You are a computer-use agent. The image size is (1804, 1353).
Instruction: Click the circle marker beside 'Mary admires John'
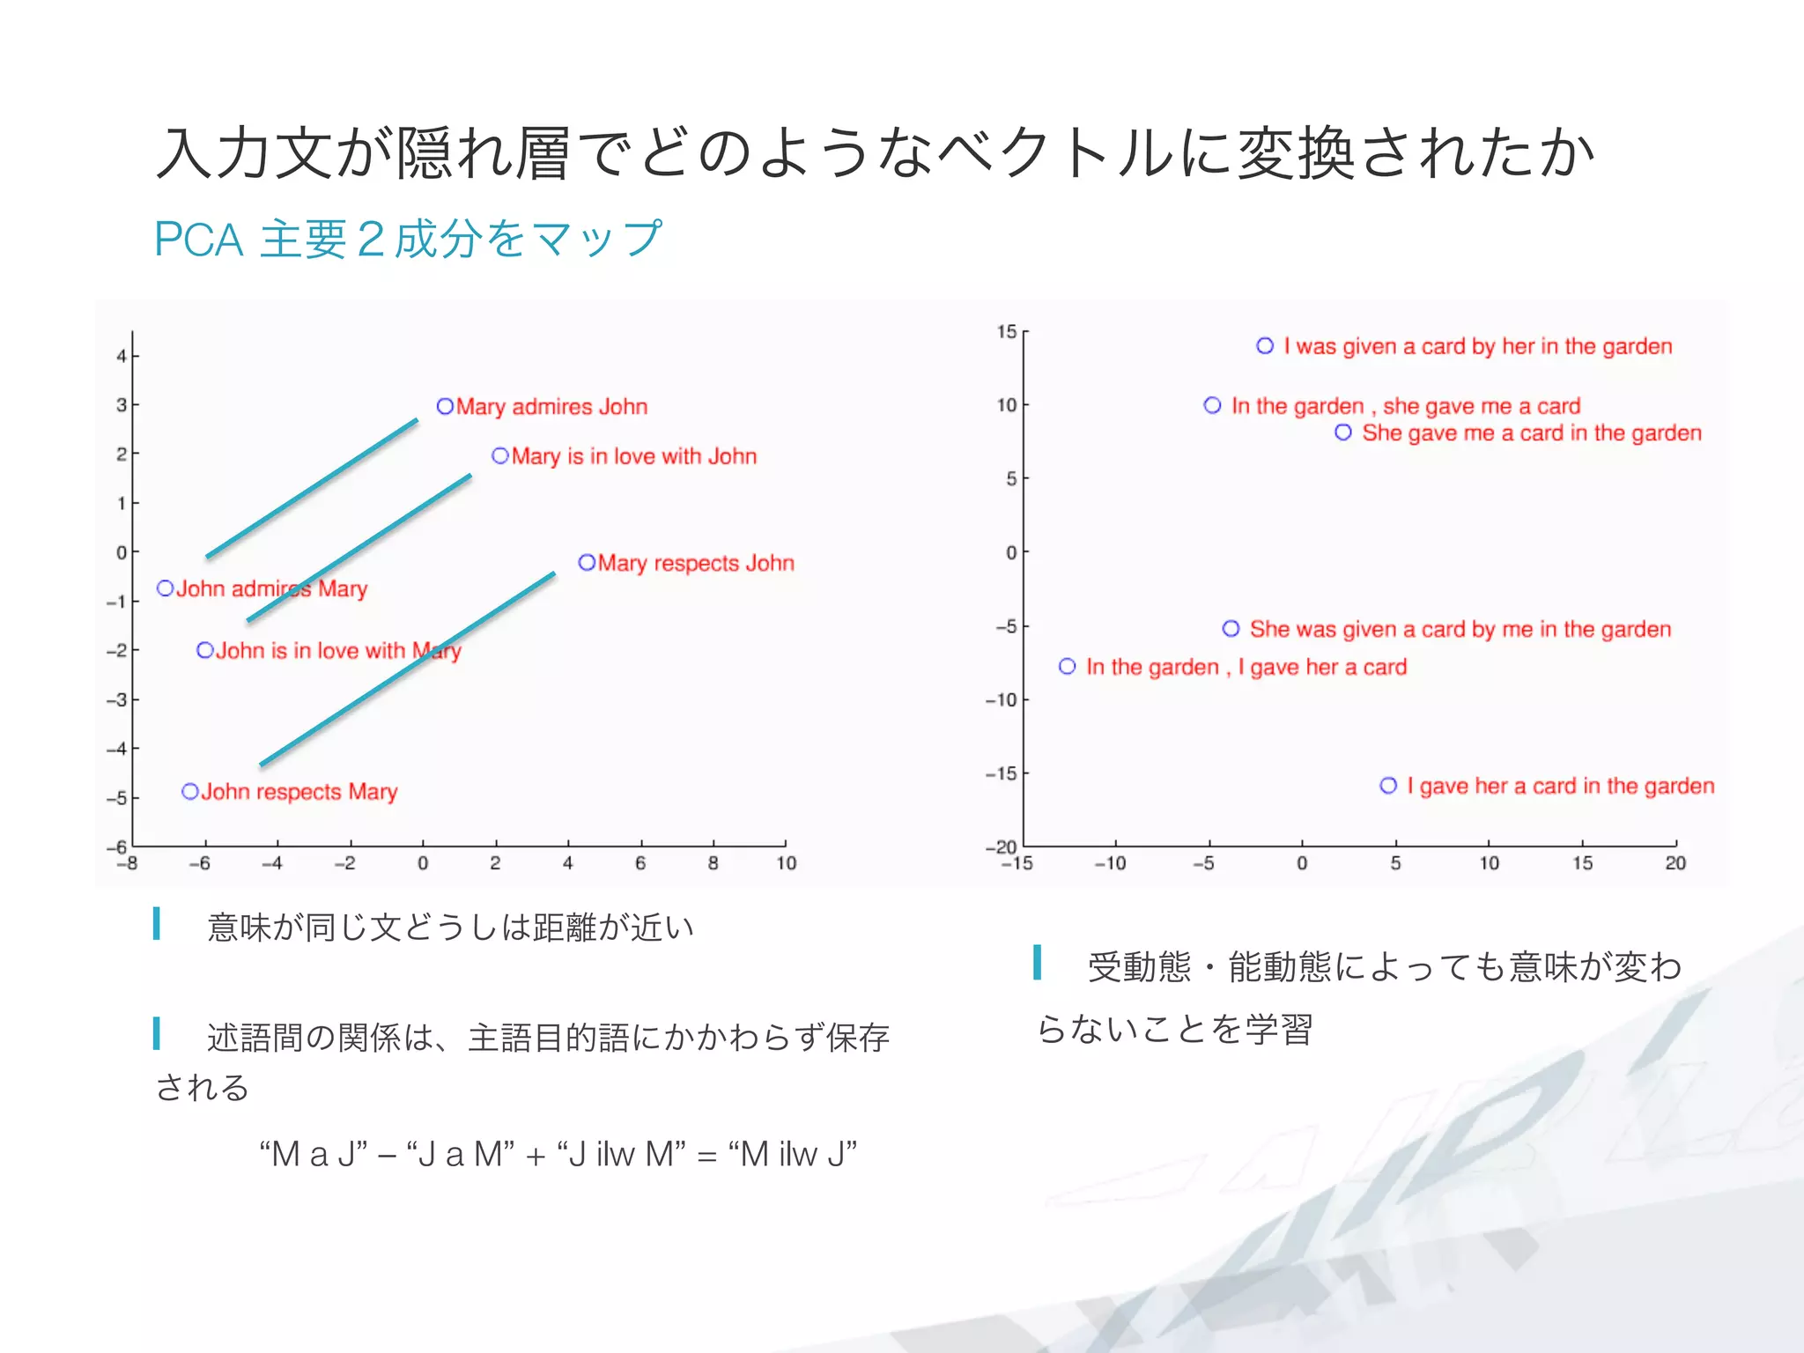(445, 406)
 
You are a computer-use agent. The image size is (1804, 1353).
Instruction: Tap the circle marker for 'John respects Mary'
(189, 791)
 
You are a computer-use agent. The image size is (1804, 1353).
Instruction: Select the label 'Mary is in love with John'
(633, 456)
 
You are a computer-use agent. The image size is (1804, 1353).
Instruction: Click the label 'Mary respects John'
(696, 563)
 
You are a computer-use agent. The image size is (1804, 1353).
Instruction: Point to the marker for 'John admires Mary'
(165, 588)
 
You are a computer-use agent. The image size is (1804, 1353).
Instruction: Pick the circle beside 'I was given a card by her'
(1265, 346)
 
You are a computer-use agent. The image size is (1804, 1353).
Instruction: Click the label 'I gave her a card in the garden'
(1560, 786)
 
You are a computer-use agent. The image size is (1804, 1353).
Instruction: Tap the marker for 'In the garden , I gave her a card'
(1067, 667)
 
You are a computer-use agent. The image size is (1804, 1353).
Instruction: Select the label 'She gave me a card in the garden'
(1531, 433)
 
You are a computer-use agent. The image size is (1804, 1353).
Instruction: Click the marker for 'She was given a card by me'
(1231, 629)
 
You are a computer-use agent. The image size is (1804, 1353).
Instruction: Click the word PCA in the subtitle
(198, 240)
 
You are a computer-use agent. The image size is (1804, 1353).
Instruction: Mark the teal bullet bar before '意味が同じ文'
(157, 924)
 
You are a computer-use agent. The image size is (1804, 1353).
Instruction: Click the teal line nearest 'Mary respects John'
(407, 669)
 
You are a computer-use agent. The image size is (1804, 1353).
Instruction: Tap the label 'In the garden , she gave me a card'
(1406, 406)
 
